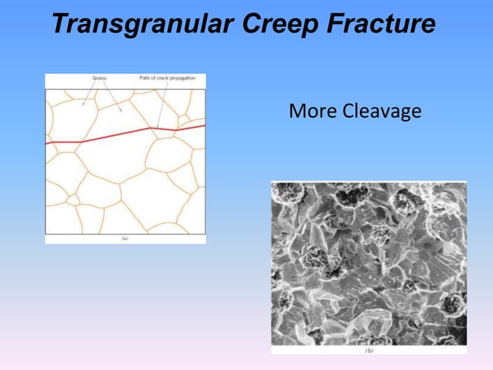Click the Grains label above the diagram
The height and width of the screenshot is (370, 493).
[100, 78]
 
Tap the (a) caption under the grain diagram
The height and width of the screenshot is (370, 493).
[125, 239]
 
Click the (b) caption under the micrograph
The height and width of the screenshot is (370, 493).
[369, 350]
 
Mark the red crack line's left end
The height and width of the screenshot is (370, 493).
[46, 143]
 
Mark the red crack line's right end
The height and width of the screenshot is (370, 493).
[204, 125]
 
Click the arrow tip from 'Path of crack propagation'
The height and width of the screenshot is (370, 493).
[157, 127]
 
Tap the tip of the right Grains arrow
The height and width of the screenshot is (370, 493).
[121, 111]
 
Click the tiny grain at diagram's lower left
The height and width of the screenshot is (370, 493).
[72, 200]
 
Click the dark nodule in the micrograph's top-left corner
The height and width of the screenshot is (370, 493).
[288, 194]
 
